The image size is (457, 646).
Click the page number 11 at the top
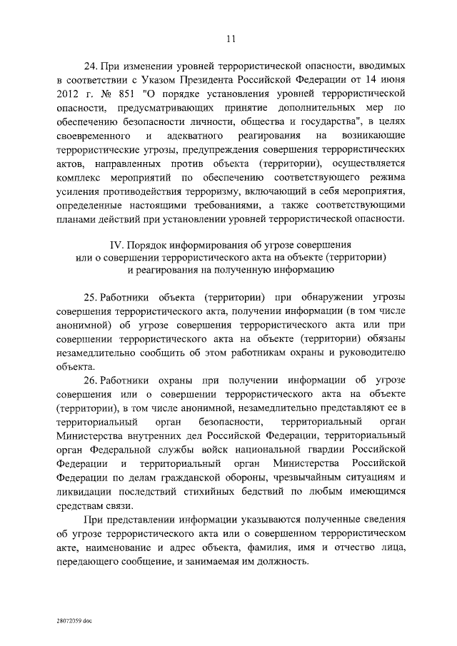pyautogui.click(x=228, y=39)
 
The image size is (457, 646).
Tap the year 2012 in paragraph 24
pyautogui.click(x=66, y=93)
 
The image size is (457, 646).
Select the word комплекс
pyautogui.click(x=77, y=174)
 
